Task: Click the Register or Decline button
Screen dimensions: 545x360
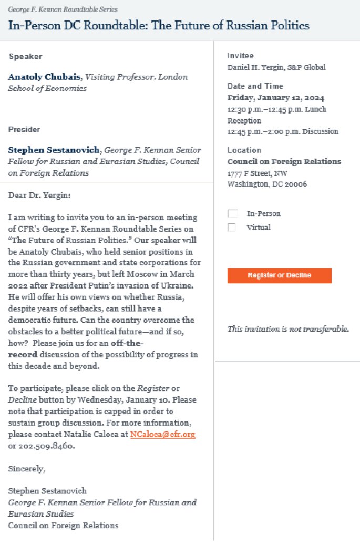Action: pyautogui.click(x=279, y=275)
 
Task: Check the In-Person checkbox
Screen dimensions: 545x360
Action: pyautogui.click(x=232, y=214)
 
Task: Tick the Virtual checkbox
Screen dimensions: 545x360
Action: pyautogui.click(x=232, y=228)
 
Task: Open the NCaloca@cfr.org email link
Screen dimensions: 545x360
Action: pyautogui.click(x=162, y=435)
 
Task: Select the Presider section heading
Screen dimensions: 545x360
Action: pyautogui.click(x=24, y=129)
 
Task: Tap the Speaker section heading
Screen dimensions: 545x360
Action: pyautogui.click(x=25, y=56)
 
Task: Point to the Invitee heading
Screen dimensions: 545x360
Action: pyautogui.click(x=240, y=56)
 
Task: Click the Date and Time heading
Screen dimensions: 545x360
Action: pyautogui.click(x=255, y=86)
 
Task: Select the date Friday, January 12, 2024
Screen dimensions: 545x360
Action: pyautogui.click(x=275, y=98)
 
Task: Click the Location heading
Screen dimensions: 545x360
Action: pyautogui.click(x=244, y=150)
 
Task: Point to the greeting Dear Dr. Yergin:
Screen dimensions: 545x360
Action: pyautogui.click(x=39, y=196)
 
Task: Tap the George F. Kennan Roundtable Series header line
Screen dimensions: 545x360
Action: pyautogui.click(x=63, y=9)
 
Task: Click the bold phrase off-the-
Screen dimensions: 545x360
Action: pyautogui.click(x=127, y=343)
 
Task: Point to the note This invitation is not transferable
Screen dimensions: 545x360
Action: pyautogui.click(x=288, y=329)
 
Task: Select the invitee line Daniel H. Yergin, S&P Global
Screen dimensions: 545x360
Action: pyautogui.click(x=276, y=67)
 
